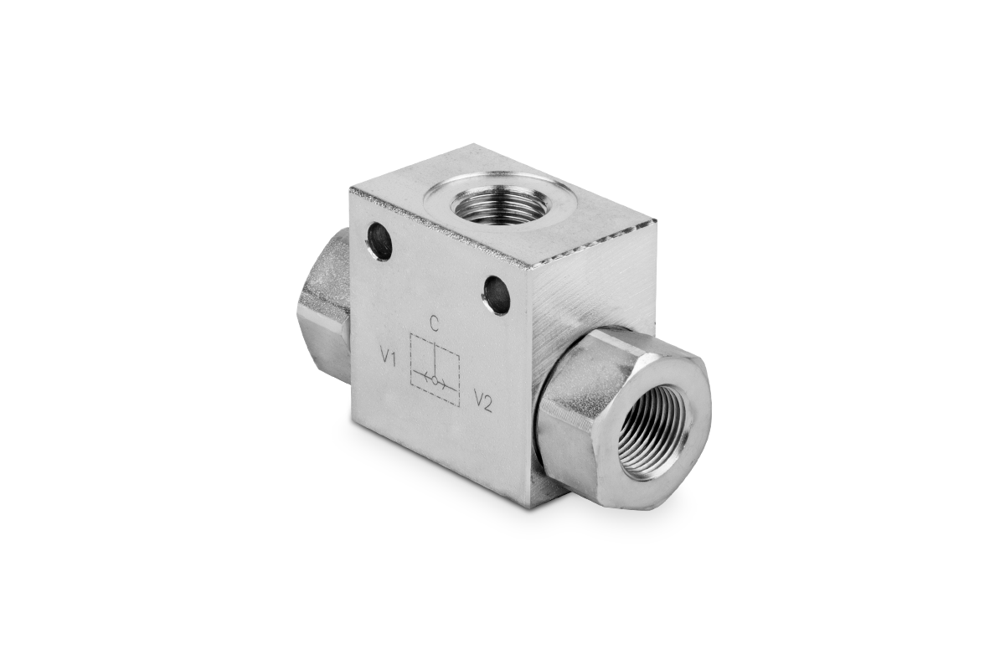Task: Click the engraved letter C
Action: click(434, 323)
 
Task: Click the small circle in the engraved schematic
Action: click(435, 380)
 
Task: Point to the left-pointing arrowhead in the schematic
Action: click(426, 377)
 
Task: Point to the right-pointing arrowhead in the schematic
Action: click(443, 384)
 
